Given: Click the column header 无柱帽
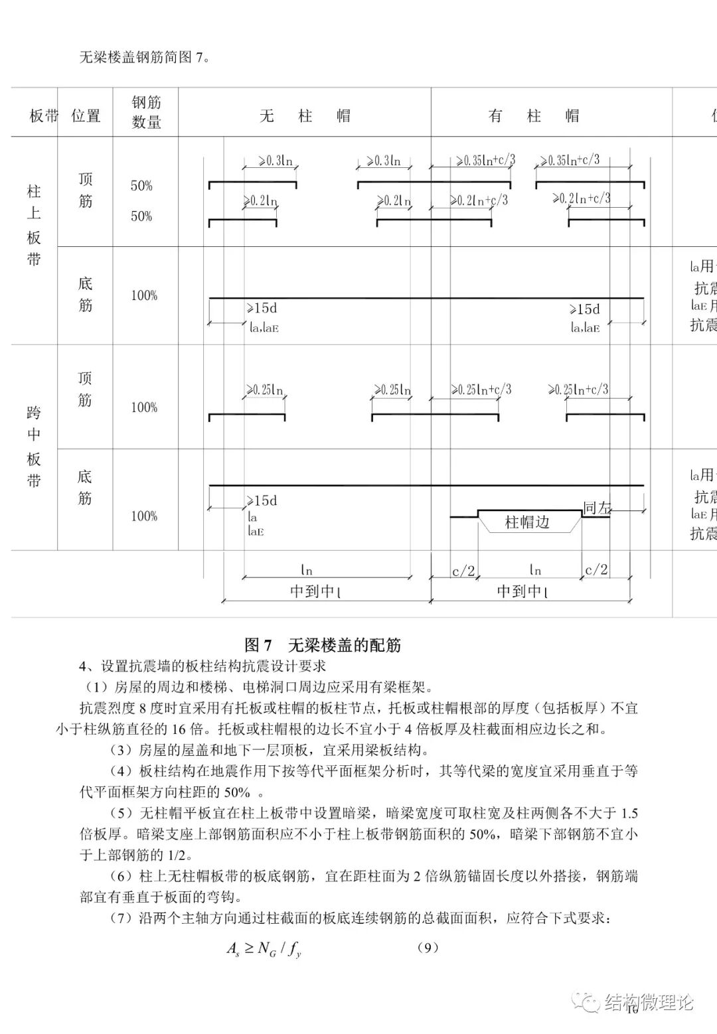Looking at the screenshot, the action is pyautogui.click(x=305, y=116).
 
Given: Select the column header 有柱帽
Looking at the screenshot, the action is pyautogui.click(x=534, y=116).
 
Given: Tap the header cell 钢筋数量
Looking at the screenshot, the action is pyautogui.click(x=146, y=112).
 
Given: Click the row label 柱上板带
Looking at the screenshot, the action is pyautogui.click(x=34, y=226).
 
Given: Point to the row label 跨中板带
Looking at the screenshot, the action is pyautogui.click(x=34, y=447).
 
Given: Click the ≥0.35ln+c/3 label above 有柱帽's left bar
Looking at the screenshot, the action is pyautogui.click(x=485, y=161).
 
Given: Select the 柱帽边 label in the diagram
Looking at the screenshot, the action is pyautogui.click(x=528, y=522).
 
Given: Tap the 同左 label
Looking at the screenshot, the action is pyautogui.click(x=596, y=508).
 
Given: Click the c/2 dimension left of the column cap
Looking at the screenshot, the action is pyautogui.click(x=463, y=571).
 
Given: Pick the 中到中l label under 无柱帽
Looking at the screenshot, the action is pyautogui.click(x=316, y=591).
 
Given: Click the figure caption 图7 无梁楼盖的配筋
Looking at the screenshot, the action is pyautogui.click(x=323, y=645).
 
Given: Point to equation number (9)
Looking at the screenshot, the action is pyautogui.click(x=428, y=947).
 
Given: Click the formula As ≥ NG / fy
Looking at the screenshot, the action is pyautogui.click(x=264, y=950).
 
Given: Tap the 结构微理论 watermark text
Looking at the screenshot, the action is pyautogui.click(x=649, y=1002).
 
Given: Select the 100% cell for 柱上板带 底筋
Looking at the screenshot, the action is pyautogui.click(x=144, y=296).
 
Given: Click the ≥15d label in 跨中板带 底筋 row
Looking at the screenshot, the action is pyautogui.click(x=262, y=501).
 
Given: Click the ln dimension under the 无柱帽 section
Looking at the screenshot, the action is pyautogui.click(x=306, y=570).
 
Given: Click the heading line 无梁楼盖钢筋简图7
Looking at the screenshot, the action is pyautogui.click(x=145, y=58).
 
